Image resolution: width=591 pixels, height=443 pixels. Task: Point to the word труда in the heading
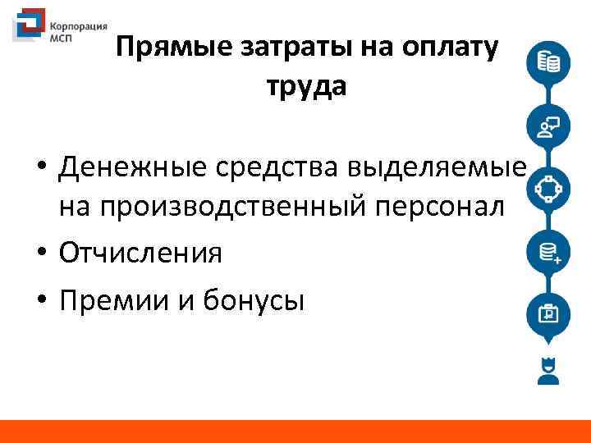(x=306, y=85)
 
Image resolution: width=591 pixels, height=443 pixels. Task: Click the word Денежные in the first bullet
(x=135, y=168)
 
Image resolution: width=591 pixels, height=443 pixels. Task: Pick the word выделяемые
(x=435, y=168)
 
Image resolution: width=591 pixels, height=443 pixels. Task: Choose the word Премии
(x=112, y=300)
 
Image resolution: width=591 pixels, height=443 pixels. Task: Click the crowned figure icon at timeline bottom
(x=547, y=372)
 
